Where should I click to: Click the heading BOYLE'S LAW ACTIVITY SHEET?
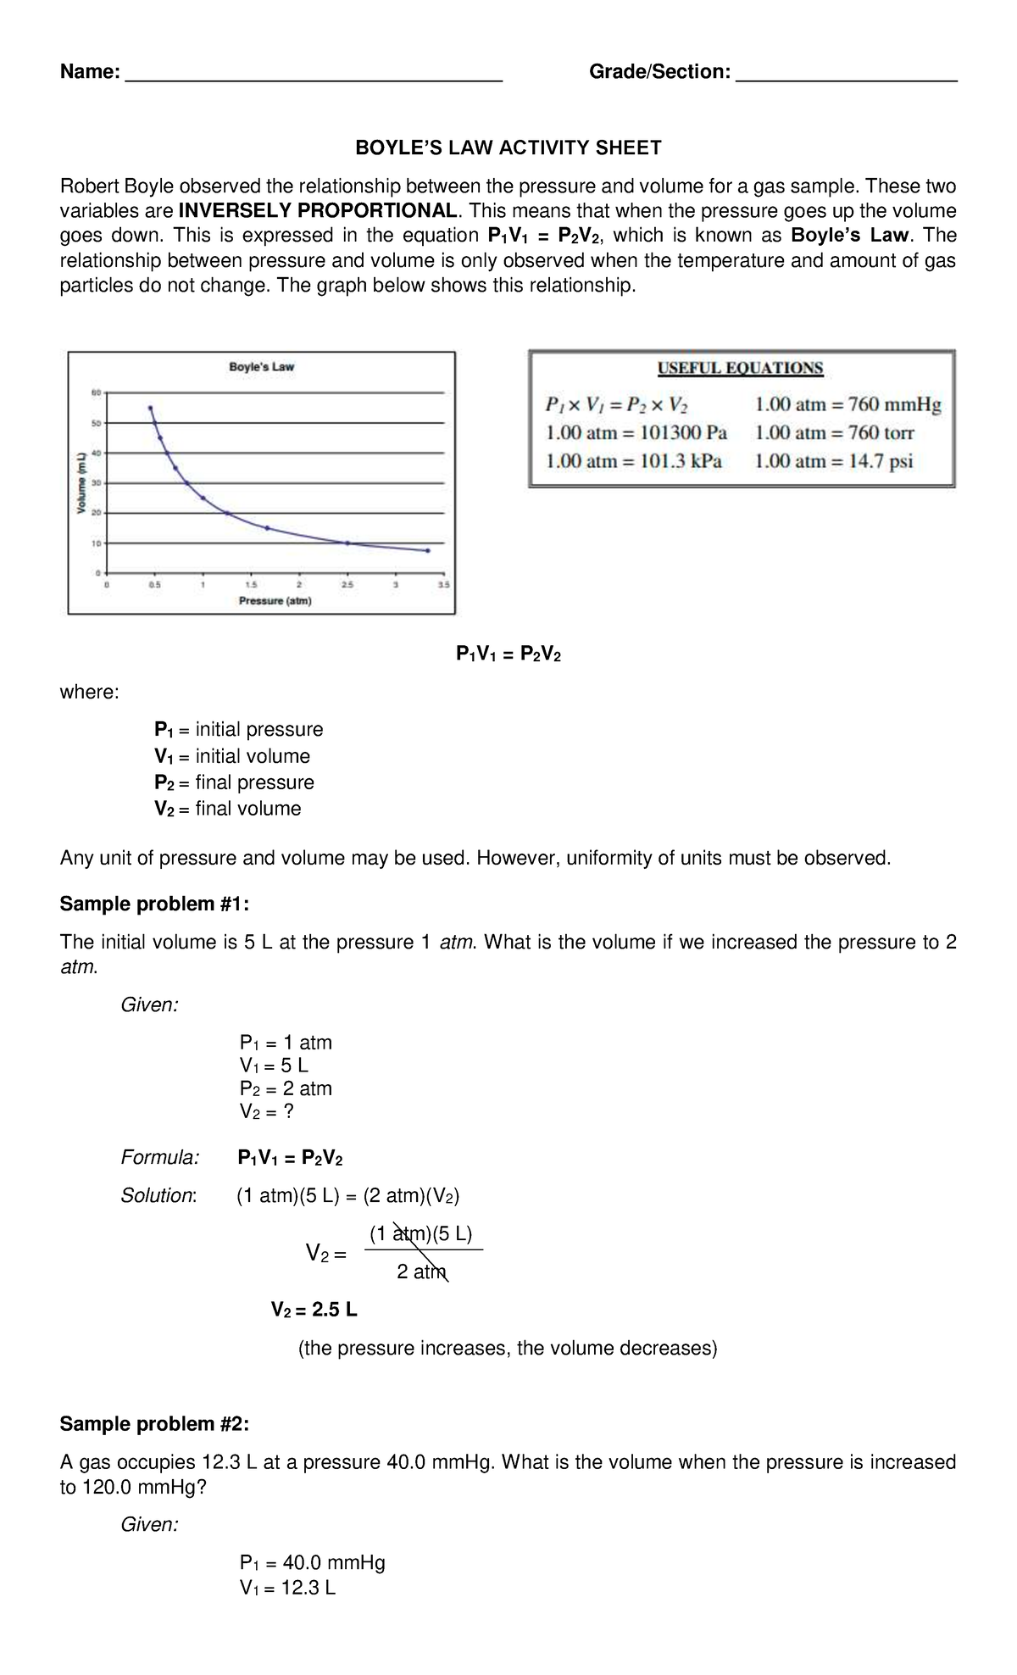pyautogui.click(x=508, y=148)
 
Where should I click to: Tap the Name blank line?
pyautogui.click(x=314, y=78)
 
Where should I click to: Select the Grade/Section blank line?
pyautogui.click(x=847, y=78)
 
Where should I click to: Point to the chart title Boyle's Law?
pyautogui.click(x=261, y=367)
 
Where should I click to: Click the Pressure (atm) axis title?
pyautogui.click(x=275, y=601)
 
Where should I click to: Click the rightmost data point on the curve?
pyautogui.click(x=428, y=550)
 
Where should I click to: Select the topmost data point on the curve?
pyautogui.click(x=150, y=408)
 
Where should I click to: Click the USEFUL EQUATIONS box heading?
pyautogui.click(x=741, y=368)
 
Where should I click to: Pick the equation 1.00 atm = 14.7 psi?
pyautogui.click(x=833, y=461)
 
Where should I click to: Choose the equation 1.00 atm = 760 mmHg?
pyautogui.click(x=847, y=405)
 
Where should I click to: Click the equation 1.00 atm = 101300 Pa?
pyautogui.click(x=636, y=433)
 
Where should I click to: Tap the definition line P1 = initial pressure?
pyautogui.click(x=238, y=730)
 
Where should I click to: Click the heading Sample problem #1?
pyautogui.click(x=154, y=904)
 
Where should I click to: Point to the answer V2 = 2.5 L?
pyautogui.click(x=314, y=1310)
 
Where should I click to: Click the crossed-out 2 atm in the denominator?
pyautogui.click(x=420, y=1272)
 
